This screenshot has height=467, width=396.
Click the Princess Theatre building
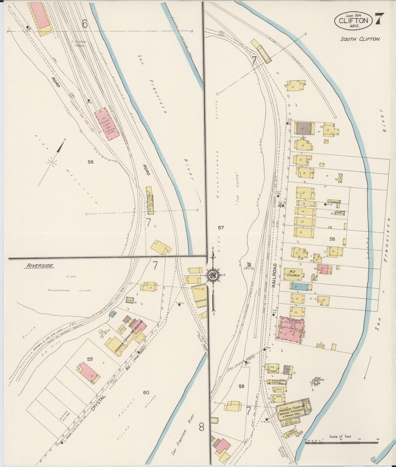coord(290,411)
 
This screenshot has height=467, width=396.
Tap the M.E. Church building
coord(293,274)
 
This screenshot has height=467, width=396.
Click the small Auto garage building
coord(130,300)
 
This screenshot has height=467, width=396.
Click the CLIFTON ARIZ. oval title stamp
coord(353,20)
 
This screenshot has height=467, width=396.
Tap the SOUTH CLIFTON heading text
coord(360,39)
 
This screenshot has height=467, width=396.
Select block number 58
coord(332,239)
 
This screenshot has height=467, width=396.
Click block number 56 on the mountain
coord(90,162)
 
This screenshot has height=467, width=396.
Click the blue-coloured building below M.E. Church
coord(301,286)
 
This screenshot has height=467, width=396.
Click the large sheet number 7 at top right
coord(381,19)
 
